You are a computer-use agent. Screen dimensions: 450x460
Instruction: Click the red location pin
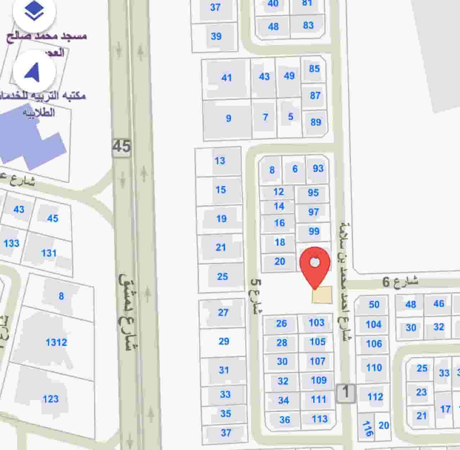[x=315, y=264]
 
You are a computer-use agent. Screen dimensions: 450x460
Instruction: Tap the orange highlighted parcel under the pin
[x=322, y=295]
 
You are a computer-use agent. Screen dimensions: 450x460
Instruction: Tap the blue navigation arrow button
[x=34, y=71]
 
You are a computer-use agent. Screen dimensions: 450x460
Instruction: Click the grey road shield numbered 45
[x=122, y=146]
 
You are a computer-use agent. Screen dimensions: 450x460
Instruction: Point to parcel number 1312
[x=56, y=342]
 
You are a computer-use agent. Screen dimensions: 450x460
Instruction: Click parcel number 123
[x=50, y=399]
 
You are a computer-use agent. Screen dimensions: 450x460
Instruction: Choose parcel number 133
[x=11, y=244]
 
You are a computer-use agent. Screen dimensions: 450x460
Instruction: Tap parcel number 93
[x=318, y=168]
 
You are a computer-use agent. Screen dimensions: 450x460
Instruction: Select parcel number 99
[x=314, y=231]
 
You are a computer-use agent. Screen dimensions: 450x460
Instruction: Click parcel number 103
[x=316, y=323]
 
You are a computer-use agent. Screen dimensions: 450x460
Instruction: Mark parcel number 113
[x=319, y=419]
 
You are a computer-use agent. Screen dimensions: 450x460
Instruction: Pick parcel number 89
[x=316, y=122]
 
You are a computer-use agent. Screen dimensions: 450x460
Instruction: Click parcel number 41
[x=226, y=77]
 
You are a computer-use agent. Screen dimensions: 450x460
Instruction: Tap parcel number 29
[x=224, y=341]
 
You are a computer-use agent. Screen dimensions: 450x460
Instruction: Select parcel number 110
[x=374, y=367]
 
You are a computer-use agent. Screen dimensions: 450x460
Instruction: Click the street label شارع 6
[x=400, y=282]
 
